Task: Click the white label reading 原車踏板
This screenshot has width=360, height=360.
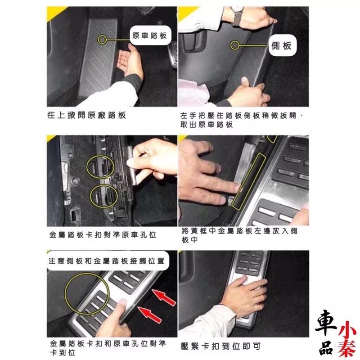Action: [150, 36]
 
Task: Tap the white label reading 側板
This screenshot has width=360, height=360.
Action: [283, 45]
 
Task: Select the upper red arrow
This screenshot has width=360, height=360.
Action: [163, 297]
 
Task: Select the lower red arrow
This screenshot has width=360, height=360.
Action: [150, 315]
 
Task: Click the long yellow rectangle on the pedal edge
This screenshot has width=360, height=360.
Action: [248, 181]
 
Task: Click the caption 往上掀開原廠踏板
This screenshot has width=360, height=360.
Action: [86, 115]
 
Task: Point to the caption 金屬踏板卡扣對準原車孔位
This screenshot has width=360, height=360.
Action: [103, 234]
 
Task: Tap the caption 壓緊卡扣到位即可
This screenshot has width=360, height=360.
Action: [220, 346]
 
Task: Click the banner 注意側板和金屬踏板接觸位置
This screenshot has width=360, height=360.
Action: [107, 261]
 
